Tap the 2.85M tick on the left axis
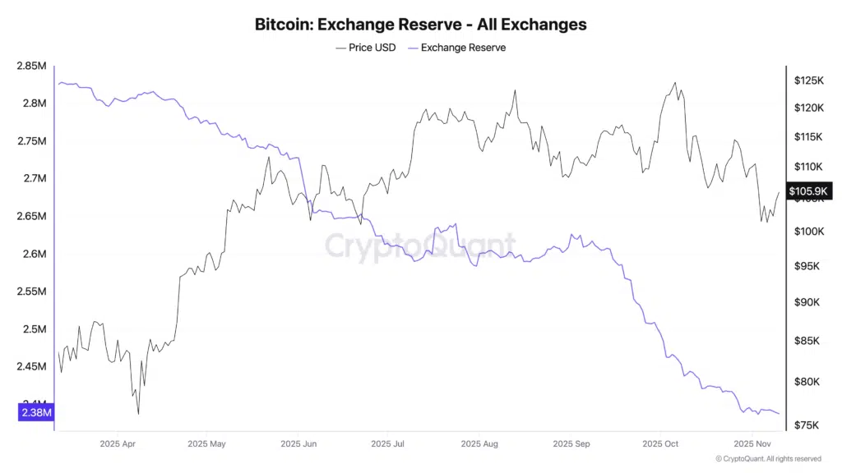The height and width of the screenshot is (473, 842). (31, 66)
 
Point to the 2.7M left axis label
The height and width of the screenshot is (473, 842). (34, 178)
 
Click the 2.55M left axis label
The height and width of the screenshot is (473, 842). (31, 292)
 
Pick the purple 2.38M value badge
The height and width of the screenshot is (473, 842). (35, 413)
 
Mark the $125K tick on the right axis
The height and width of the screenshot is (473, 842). (809, 80)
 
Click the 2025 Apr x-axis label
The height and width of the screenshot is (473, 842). (117, 444)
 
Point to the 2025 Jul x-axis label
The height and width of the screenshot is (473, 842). (386, 444)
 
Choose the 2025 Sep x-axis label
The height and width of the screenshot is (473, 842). (571, 444)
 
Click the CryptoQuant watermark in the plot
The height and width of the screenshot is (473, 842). (420, 245)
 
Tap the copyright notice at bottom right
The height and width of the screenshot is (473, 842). (768, 459)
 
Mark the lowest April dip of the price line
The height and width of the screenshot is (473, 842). (138, 413)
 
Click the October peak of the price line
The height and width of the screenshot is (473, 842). (675, 83)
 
